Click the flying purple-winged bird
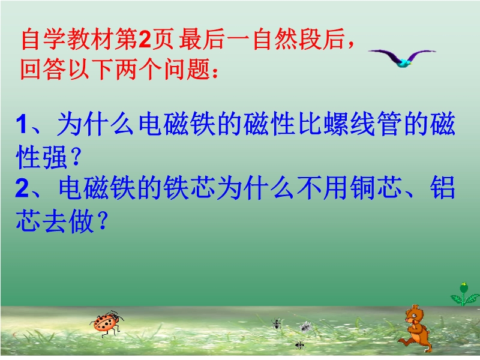point(401,58)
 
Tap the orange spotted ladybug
point(106,323)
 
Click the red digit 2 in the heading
point(145,40)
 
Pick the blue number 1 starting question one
point(22,124)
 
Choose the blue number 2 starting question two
point(22,188)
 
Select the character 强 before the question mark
point(55,157)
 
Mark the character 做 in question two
point(81,221)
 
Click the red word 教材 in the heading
point(91,39)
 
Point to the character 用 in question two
point(336,188)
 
